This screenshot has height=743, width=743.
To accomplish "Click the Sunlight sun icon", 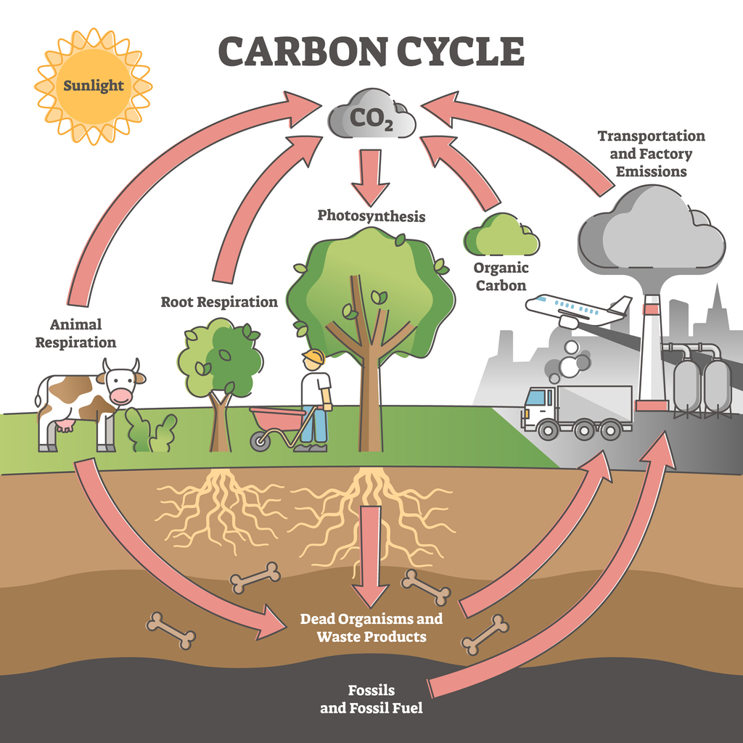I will coord(93,86).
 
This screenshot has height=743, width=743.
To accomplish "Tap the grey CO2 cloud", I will coord(371,116).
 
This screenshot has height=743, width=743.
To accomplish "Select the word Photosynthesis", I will coord(371,215).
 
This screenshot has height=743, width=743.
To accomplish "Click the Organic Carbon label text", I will coord(500,276).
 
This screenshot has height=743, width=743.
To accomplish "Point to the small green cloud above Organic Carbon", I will coord(501,234).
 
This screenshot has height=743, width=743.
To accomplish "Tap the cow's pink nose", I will coord(121,396).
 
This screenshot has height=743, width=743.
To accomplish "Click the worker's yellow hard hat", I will coord(314,357).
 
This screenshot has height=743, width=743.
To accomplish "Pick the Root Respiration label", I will coord(219,302).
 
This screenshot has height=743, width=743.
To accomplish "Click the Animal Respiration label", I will coord(75,333).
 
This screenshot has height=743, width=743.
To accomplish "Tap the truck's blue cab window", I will coord(535,398).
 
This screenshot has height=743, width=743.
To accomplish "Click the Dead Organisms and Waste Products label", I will coord(371,628).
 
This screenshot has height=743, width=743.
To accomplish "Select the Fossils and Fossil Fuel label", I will coord(371,698).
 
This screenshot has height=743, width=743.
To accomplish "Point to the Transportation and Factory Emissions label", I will coord(651,154).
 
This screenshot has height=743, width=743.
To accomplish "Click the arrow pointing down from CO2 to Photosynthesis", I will coord(371,174).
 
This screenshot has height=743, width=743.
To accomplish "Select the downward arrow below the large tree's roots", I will coord(371,559).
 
